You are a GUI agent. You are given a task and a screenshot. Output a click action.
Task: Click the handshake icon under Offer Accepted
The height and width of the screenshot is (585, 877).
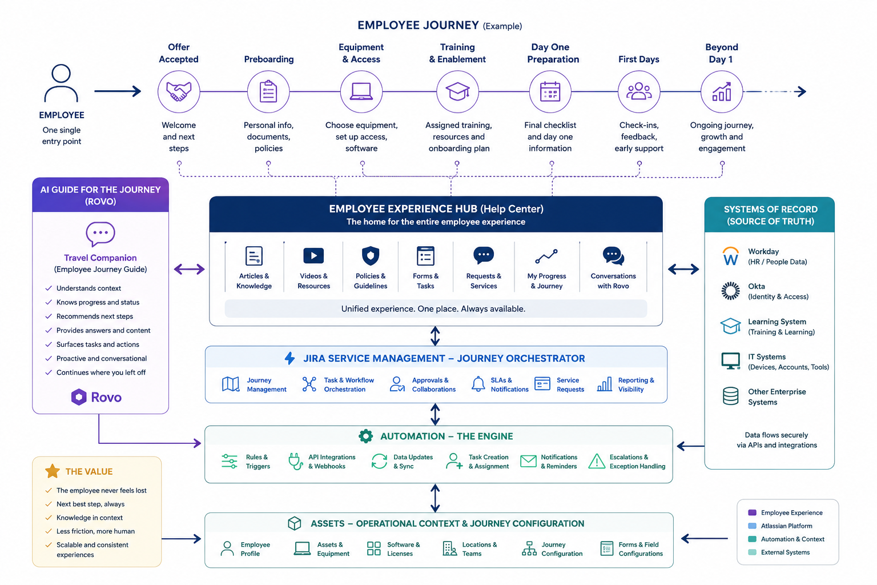tap(179, 91)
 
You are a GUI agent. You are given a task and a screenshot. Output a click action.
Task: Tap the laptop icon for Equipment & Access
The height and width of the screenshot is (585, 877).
tap(361, 91)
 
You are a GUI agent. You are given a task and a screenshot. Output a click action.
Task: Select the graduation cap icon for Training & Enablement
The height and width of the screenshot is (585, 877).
tap(457, 91)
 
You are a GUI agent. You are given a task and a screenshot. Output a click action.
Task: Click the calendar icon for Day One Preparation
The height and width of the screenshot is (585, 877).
tap(550, 91)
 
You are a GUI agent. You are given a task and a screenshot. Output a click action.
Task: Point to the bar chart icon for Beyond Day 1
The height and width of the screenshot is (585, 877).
tap(722, 91)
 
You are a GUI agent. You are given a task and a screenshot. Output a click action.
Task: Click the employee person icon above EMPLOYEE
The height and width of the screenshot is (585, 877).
tap(61, 83)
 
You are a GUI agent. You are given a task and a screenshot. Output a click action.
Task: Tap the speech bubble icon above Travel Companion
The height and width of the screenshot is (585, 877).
tap(100, 234)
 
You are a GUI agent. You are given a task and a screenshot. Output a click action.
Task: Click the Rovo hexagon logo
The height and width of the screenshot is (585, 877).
tap(79, 397)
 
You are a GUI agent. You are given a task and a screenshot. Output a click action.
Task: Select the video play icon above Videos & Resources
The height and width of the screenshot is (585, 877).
tap(313, 256)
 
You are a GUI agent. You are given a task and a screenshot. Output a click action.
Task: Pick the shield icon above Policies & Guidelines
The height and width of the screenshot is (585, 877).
tap(371, 256)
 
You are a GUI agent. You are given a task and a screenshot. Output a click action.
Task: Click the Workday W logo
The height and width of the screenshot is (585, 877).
tap(731, 257)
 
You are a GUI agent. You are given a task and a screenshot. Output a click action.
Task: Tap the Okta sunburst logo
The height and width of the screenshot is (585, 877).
tap(731, 291)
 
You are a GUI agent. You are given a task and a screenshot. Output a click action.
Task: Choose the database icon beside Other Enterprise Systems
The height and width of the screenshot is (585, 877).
tap(731, 396)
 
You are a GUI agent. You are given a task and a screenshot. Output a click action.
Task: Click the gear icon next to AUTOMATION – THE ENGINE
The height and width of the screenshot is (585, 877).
tap(365, 436)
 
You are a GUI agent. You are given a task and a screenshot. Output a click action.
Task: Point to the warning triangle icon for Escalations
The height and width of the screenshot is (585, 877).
tap(597, 461)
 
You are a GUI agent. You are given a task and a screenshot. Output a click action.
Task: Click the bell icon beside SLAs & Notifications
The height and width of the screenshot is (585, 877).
tap(478, 384)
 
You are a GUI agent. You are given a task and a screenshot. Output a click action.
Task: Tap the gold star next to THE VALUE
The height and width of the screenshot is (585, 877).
tap(53, 471)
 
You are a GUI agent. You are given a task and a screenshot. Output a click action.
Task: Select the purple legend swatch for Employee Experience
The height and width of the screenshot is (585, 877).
tap(752, 512)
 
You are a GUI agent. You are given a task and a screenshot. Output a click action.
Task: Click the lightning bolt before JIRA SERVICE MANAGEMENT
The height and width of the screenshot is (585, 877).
tap(289, 358)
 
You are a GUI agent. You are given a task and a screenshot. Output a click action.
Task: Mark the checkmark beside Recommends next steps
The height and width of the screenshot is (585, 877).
tap(49, 316)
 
